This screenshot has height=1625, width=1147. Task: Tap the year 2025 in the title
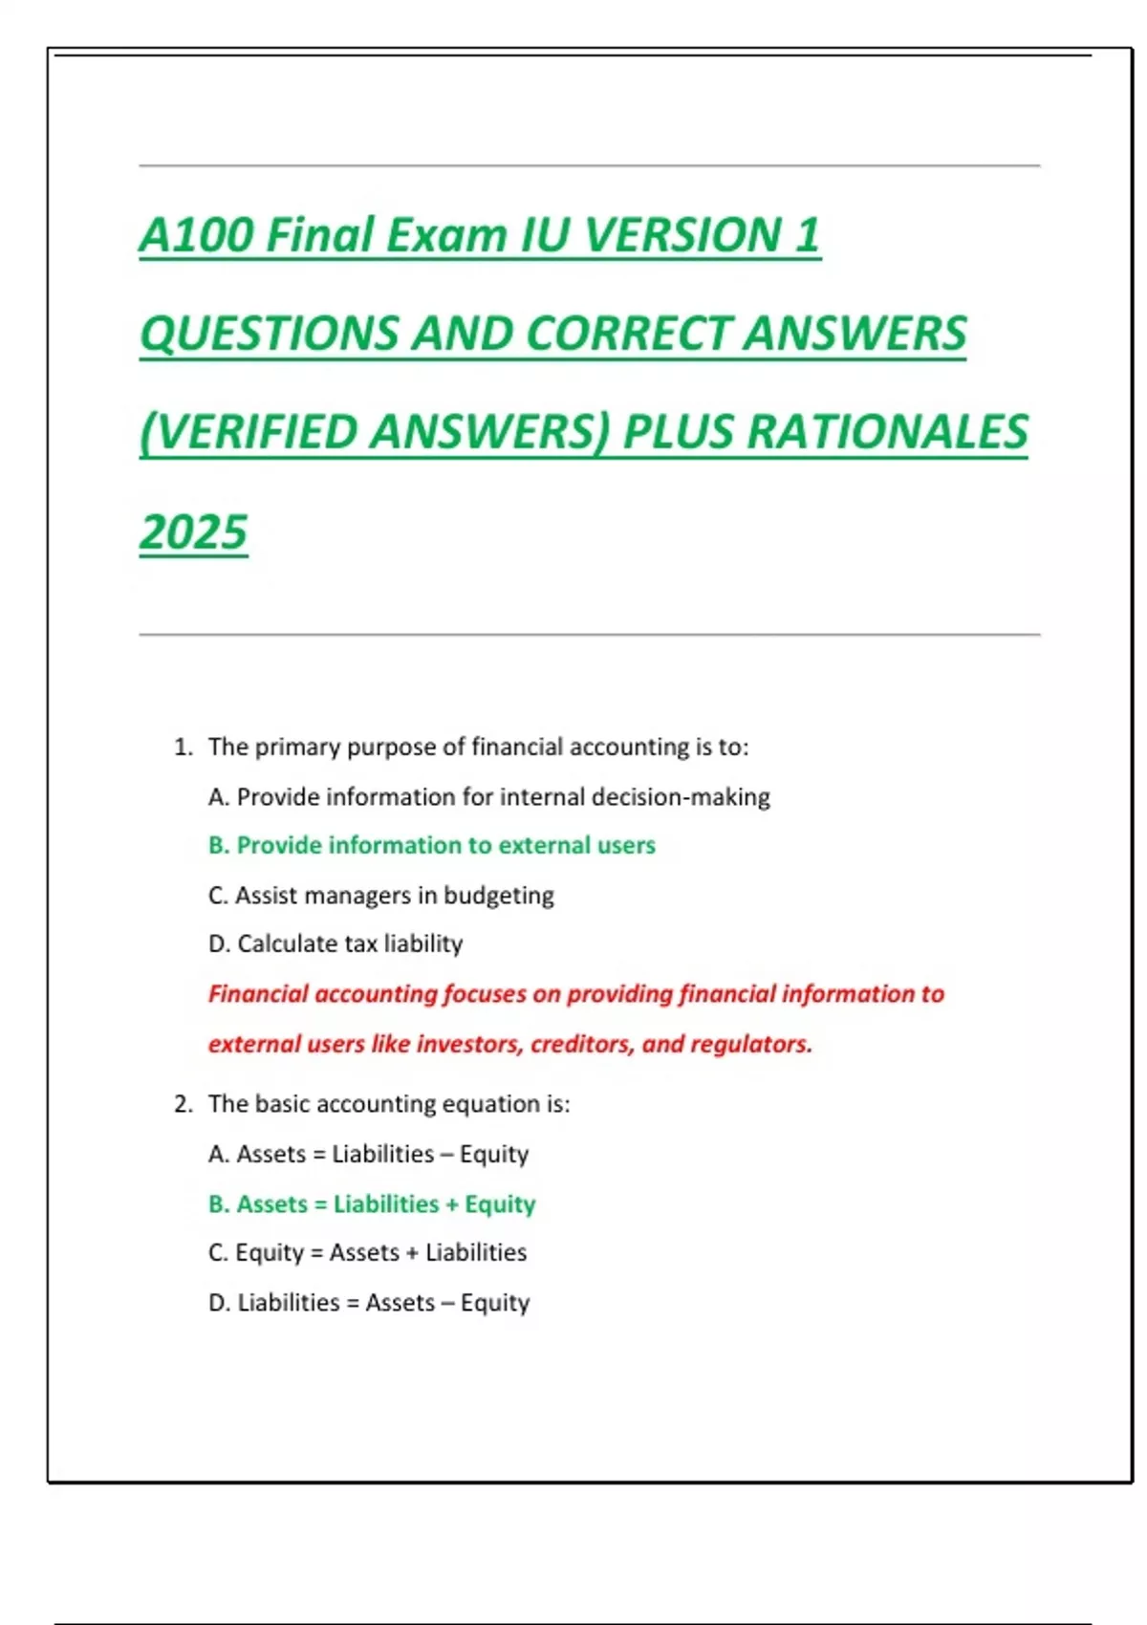click(193, 532)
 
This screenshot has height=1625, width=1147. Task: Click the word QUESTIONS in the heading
click(269, 334)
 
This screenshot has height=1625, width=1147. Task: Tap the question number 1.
click(183, 747)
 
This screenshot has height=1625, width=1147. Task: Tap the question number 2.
click(183, 1104)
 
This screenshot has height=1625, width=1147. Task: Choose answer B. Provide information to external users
click(432, 845)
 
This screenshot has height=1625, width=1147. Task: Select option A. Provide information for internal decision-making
click(488, 797)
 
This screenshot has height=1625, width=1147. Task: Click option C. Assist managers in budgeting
click(380, 896)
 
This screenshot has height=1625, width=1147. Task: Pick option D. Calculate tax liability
click(335, 944)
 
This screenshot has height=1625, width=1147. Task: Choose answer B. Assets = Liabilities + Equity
click(372, 1203)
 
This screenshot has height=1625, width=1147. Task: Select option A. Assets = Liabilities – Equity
click(368, 1155)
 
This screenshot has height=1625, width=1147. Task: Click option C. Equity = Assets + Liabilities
click(367, 1252)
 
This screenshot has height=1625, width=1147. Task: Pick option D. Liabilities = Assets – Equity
click(369, 1303)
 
